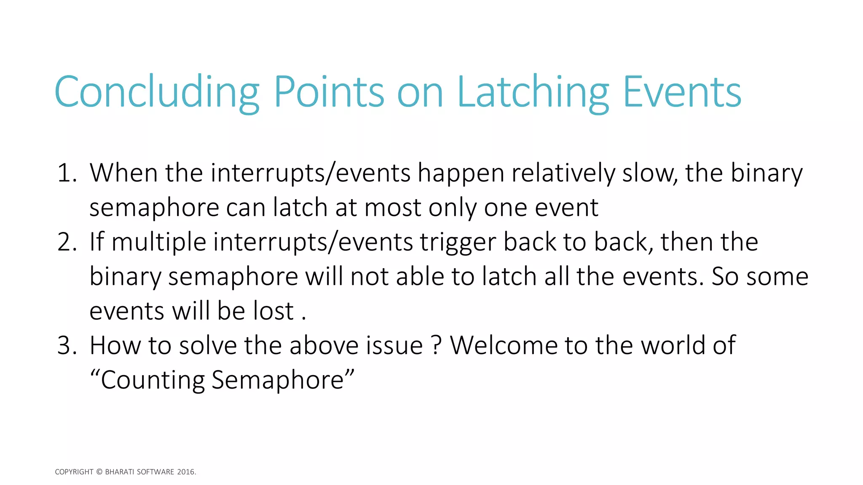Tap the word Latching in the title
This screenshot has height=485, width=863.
(533, 92)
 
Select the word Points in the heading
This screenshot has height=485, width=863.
(329, 92)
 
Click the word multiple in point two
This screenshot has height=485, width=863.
(159, 242)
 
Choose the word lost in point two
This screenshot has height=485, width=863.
(273, 311)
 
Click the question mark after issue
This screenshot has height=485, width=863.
(437, 346)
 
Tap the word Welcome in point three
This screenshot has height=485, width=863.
(504, 346)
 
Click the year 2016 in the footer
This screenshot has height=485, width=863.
(186, 472)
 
